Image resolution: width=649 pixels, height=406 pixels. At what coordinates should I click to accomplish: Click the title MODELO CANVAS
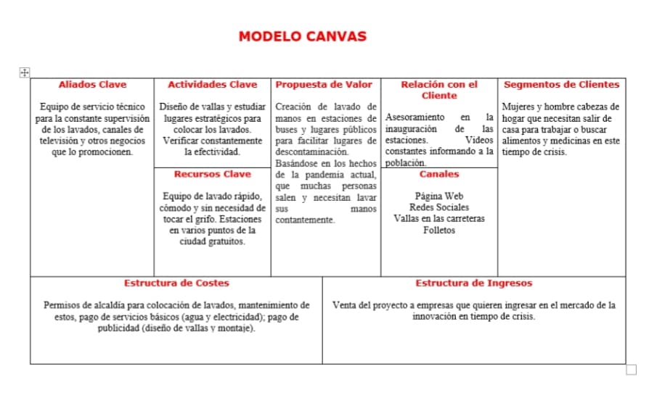(303, 36)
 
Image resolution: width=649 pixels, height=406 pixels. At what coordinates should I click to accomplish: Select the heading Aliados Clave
(92, 85)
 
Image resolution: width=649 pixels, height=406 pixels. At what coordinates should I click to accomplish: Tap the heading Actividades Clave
(212, 85)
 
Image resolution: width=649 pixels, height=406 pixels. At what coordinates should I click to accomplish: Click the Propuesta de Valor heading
(324, 85)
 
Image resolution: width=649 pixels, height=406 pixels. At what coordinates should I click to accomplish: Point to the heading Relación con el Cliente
(439, 90)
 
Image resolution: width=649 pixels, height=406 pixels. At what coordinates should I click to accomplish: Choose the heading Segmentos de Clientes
(561, 85)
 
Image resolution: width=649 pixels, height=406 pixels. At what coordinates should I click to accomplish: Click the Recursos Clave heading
(212, 174)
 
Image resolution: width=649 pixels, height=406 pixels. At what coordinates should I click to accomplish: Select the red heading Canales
(438, 174)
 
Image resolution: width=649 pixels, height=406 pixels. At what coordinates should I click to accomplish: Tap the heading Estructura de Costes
(176, 283)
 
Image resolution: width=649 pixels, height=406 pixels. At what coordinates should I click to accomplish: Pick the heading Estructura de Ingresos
(473, 283)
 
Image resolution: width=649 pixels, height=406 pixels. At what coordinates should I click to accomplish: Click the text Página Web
(439, 196)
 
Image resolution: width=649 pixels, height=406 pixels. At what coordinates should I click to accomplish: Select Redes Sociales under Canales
(439, 207)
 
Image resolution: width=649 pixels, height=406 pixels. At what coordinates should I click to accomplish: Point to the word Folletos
(439, 230)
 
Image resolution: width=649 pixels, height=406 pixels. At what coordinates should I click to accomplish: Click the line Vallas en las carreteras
(439, 218)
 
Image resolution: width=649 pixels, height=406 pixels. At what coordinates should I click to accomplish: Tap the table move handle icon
(24, 72)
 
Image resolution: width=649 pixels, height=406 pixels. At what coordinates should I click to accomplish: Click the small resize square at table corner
(631, 370)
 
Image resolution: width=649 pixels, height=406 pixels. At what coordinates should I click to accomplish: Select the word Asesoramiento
(415, 117)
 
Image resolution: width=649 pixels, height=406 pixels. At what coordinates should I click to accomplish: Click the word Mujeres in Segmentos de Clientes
(518, 107)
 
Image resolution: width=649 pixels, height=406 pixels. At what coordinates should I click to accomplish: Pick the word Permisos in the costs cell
(62, 305)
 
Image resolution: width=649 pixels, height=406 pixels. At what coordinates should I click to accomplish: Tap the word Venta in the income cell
(343, 305)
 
